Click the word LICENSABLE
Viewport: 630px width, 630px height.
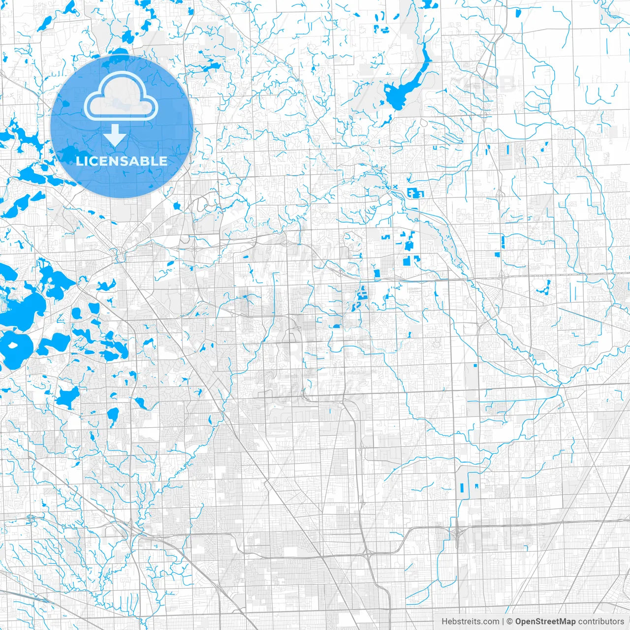pyautogui.click(x=121, y=161)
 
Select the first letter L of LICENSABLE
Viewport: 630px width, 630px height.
pyautogui.click(x=79, y=161)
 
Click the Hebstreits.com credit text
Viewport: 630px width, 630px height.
pyautogui.click(x=470, y=622)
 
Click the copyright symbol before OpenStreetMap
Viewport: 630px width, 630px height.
pyautogui.click(x=509, y=622)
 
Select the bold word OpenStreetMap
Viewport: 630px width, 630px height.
pyautogui.click(x=545, y=622)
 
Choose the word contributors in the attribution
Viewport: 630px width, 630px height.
pyautogui.click(x=600, y=622)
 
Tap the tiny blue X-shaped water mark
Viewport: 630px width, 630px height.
pyautogui.click(x=394, y=187)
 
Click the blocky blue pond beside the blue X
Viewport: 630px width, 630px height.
pyautogui.click(x=414, y=193)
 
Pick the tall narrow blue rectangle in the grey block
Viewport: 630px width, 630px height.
pyautogui.click(x=462, y=488)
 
